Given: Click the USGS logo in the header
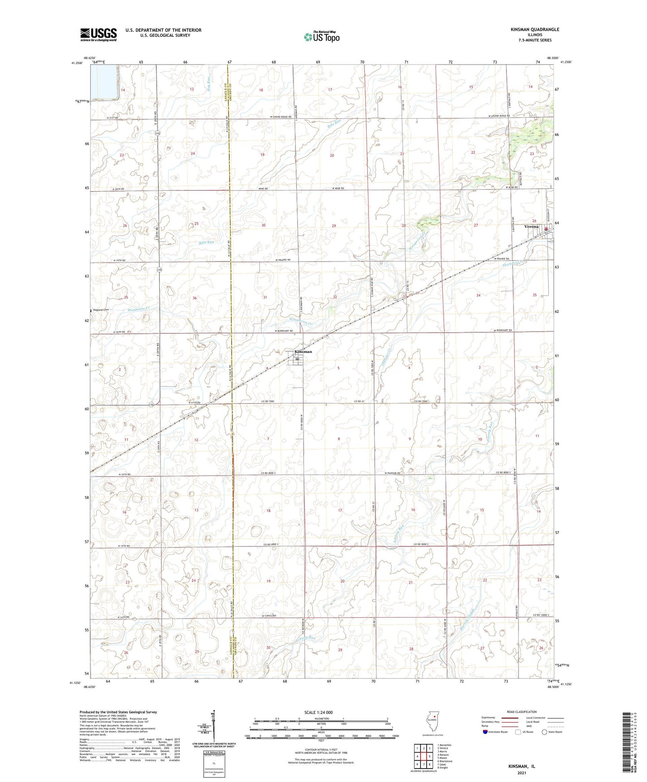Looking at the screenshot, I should [99, 34].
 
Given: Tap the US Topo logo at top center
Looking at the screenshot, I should [321, 37].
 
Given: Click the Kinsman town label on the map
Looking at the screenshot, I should [303, 352].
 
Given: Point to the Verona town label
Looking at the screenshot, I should [532, 227].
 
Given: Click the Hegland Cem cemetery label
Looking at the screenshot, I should [101, 310].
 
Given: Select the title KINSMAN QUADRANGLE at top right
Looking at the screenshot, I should [535, 30].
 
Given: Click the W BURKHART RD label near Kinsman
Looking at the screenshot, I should [284, 331].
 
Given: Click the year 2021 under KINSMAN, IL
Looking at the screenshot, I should [522, 773].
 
